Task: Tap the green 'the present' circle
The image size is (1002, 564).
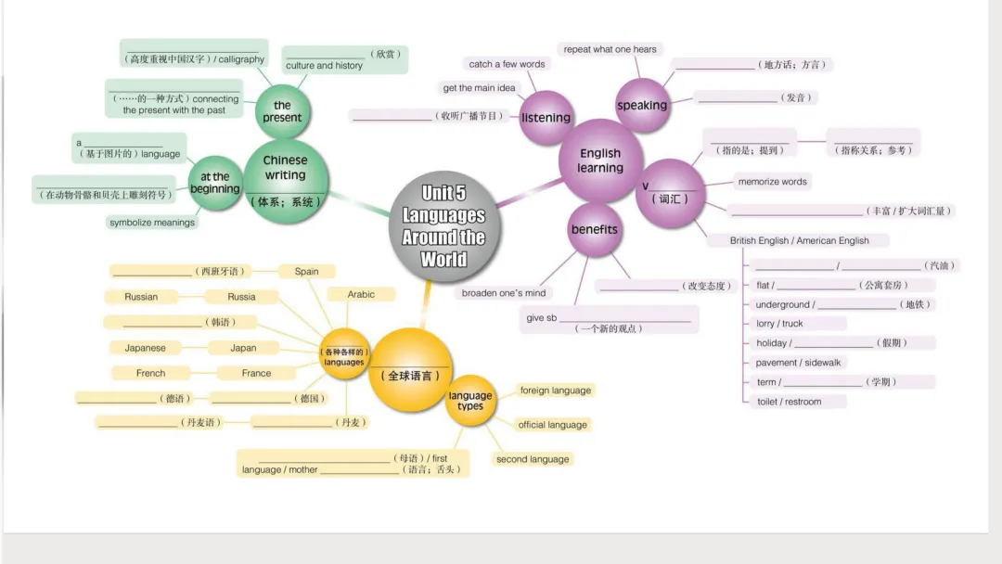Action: tap(282, 112)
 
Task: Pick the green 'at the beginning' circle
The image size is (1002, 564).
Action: tap(214, 182)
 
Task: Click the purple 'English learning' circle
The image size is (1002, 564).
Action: tap(600, 160)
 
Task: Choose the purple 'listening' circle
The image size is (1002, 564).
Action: tap(546, 118)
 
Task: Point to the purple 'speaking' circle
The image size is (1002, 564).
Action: tap(642, 105)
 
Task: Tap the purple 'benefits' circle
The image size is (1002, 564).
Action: tap(595, 229)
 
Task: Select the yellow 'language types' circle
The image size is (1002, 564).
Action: tap(470, 401)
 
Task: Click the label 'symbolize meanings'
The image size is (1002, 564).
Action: tap(152, 223)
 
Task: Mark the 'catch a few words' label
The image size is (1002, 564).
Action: tap(507, 64)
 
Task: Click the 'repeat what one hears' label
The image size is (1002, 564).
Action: tap(610, 49)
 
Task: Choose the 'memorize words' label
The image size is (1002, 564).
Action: tap(772, 182)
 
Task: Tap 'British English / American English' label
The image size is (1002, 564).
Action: tap(799, 240)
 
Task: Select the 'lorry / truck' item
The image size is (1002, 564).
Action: tap(779, 324)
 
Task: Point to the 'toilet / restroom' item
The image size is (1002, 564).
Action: tap(789, 402)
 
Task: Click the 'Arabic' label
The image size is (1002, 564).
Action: tap(361, 294)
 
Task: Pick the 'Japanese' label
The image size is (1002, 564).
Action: tap(146, 348)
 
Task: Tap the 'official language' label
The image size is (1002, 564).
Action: tap(553, 425)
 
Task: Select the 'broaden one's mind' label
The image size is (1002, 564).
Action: tap(504, 293)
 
